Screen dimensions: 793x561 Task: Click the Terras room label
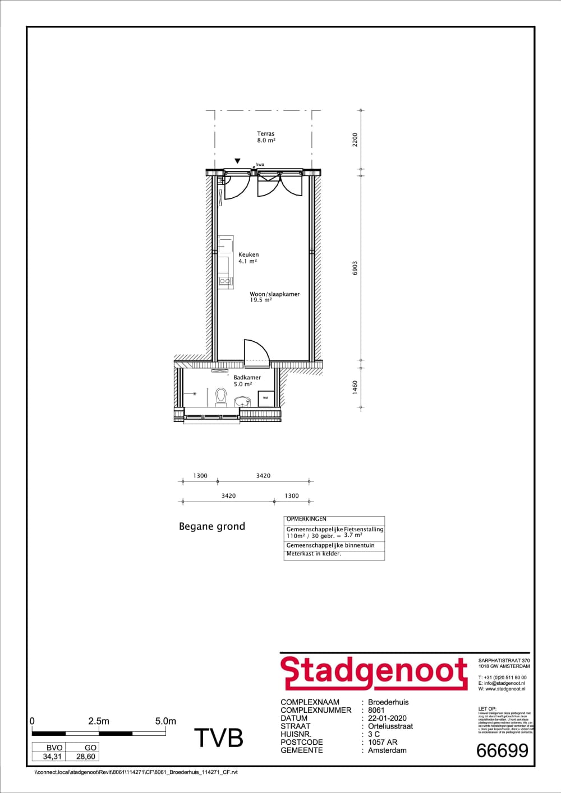tap(266, 137)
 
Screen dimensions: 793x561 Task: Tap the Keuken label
tap(248, 258)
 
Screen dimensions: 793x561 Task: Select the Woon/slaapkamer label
tap(274, 297)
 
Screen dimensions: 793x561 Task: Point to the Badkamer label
tap(247, 381)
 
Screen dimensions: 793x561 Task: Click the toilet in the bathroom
tap(221, 397)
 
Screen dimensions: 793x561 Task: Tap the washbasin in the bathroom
tap(242, 401)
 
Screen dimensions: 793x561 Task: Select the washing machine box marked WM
tap(265, 398)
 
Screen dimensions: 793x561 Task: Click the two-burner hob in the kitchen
tap(226, 280)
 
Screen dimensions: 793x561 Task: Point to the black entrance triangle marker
tap(238, 161)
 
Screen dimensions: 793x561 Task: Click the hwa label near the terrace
tap(260, 165)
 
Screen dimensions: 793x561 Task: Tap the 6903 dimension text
tap(355, 268)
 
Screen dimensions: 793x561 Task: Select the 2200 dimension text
tap(355, 140)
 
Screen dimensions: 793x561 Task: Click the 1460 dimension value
tap(355, 387)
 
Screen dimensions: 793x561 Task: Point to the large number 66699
tap(502, 750)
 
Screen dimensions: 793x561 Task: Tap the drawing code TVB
tap(219, 738)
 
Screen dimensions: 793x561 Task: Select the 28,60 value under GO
tap(86, 756)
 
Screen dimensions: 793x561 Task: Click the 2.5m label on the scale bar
tap(99, 721)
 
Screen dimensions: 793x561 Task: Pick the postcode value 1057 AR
tap(383, 742)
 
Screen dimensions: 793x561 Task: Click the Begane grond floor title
tap(212, 526)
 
